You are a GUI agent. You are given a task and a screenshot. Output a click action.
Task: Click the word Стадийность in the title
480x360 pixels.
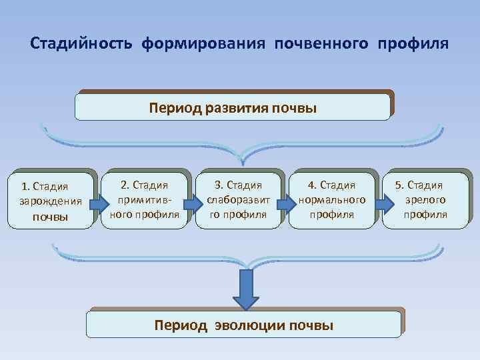click(83, 44)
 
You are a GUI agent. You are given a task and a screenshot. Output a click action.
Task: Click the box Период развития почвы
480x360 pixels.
click(233, 107)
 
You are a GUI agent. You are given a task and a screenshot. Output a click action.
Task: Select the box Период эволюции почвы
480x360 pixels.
click(244, 325)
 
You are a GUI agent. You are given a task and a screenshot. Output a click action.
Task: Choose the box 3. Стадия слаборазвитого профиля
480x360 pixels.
click(239, 199)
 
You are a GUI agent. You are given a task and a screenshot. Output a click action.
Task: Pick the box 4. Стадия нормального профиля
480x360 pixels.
click(331, 199)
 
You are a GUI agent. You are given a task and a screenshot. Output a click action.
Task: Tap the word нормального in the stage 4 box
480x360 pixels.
click(332, 199)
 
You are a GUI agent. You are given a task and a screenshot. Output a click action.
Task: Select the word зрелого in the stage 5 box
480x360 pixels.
click(426, 199)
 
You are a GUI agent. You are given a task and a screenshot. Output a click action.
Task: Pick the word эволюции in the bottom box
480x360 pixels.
click(244, 325)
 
